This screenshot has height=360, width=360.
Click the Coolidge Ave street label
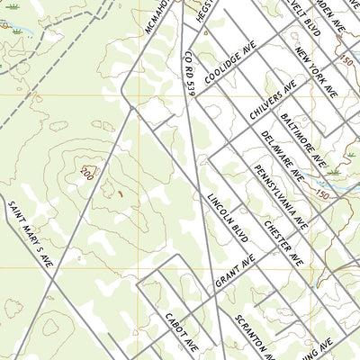[x=229, y=61]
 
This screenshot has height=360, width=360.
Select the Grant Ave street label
[x=236, y=272]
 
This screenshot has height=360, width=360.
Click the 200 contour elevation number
[x=86, y=171]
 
